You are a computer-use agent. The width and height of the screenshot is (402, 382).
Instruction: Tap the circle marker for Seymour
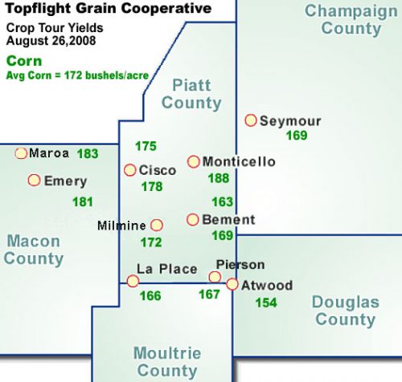[x=251, y=120]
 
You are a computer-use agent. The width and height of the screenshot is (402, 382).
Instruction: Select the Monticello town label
[x=239, y=161]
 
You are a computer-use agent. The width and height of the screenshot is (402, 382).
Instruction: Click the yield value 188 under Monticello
[x=218, y=178]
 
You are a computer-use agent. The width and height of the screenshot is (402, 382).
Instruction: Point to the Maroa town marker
[x=21, y=153]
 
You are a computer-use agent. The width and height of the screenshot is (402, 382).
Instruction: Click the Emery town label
[x=65, y=181]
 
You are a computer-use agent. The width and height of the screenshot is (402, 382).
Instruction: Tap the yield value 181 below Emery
[x=83, y=201]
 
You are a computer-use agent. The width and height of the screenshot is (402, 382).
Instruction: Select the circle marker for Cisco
[x=130, y=170]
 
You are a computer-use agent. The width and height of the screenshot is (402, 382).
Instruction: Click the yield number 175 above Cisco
[x=146, y=146]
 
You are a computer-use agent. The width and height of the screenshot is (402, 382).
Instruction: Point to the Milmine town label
[x=121, y=226]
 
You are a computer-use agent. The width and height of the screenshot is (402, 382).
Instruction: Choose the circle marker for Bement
[x=193, y=219]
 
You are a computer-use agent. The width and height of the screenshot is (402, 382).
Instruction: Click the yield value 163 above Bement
[x=222, y=201]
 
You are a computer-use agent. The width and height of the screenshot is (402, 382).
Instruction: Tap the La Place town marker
[x=133, y=281]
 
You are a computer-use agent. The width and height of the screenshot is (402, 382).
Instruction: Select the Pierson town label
[x=240, y=265]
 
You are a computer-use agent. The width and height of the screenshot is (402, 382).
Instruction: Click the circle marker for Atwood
[x=232, y=284]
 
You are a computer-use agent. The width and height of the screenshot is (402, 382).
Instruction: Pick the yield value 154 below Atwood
[x=266, y=303]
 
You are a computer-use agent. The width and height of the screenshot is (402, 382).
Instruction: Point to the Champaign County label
[x=351, y=20]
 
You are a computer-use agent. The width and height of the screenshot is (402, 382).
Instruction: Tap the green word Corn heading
[x=22, y=60]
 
